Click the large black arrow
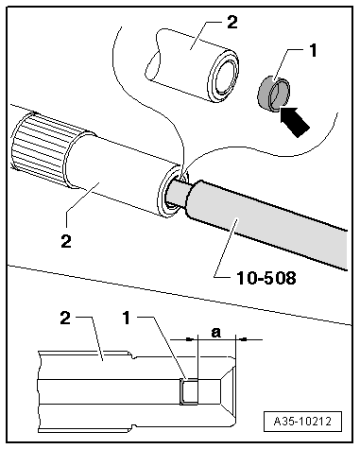coord(294,122)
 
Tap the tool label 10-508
coord(266,278)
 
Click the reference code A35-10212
coord(302,421)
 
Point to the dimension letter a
coord(216,332)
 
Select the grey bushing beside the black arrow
coord(273,94)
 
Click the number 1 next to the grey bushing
coord(313,50)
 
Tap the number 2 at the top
coord(231,22)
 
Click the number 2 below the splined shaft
coord(66,241)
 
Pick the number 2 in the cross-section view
coord(65,318)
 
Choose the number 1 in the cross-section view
coord(127,318)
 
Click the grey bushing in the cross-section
coord(189,391)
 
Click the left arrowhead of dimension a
coord(190,339)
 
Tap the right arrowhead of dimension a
coord(243,339)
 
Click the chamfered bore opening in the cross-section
coord(228,391)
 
